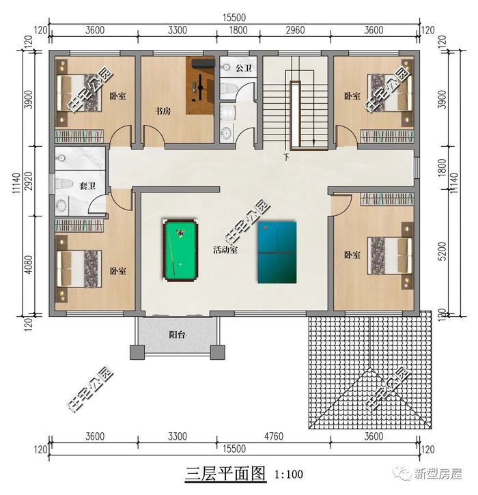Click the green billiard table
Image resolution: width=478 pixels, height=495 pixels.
click(x=180, y=249)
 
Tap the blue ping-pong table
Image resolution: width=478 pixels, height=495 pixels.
click(x=277, y=252)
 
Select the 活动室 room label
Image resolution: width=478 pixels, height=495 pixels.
click(x=225, y=250)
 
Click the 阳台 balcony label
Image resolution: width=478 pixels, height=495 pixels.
click(x=177, y=335)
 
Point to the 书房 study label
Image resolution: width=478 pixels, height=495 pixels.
click(x=163, y=111)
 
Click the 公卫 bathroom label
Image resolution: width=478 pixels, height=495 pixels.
click(x=243, y=68)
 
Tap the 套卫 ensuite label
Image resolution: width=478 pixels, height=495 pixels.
click(x=87, y=186)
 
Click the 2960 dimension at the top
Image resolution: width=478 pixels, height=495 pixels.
click(x=295, y=30)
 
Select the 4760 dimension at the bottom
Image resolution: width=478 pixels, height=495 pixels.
click(x=274, y=436)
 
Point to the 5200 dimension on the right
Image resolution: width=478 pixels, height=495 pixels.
click(x=442, y=251)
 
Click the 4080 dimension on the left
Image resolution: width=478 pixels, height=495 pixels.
click(x=28, y=264)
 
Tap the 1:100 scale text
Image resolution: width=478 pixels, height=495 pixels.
click(x=289, y=474)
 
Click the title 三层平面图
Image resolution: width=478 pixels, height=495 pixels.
click(x=225, y=474)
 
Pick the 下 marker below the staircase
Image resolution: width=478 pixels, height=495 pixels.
click(x=286, y=156)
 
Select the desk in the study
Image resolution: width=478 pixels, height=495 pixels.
click(x=200, y=85)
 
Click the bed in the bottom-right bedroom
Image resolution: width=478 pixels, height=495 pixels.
click(x=391, y=256)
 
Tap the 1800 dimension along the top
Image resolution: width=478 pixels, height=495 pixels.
click(x=238, y=30)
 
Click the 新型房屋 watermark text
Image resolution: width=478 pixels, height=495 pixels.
click(x=438, y=474)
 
